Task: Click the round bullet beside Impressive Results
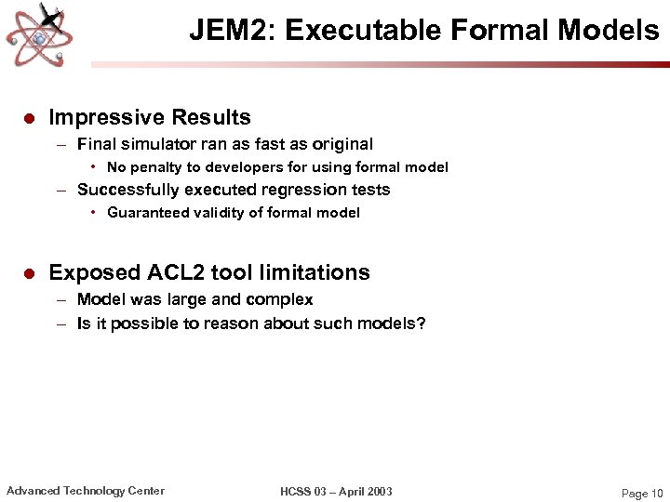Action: (28, 118)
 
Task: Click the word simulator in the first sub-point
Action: (159, 144)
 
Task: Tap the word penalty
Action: (159, 167)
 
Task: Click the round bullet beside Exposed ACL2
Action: (28, 273)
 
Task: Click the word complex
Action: (283, 299)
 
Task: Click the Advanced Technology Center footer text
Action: (86, 491)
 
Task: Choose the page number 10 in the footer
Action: (656, 493)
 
